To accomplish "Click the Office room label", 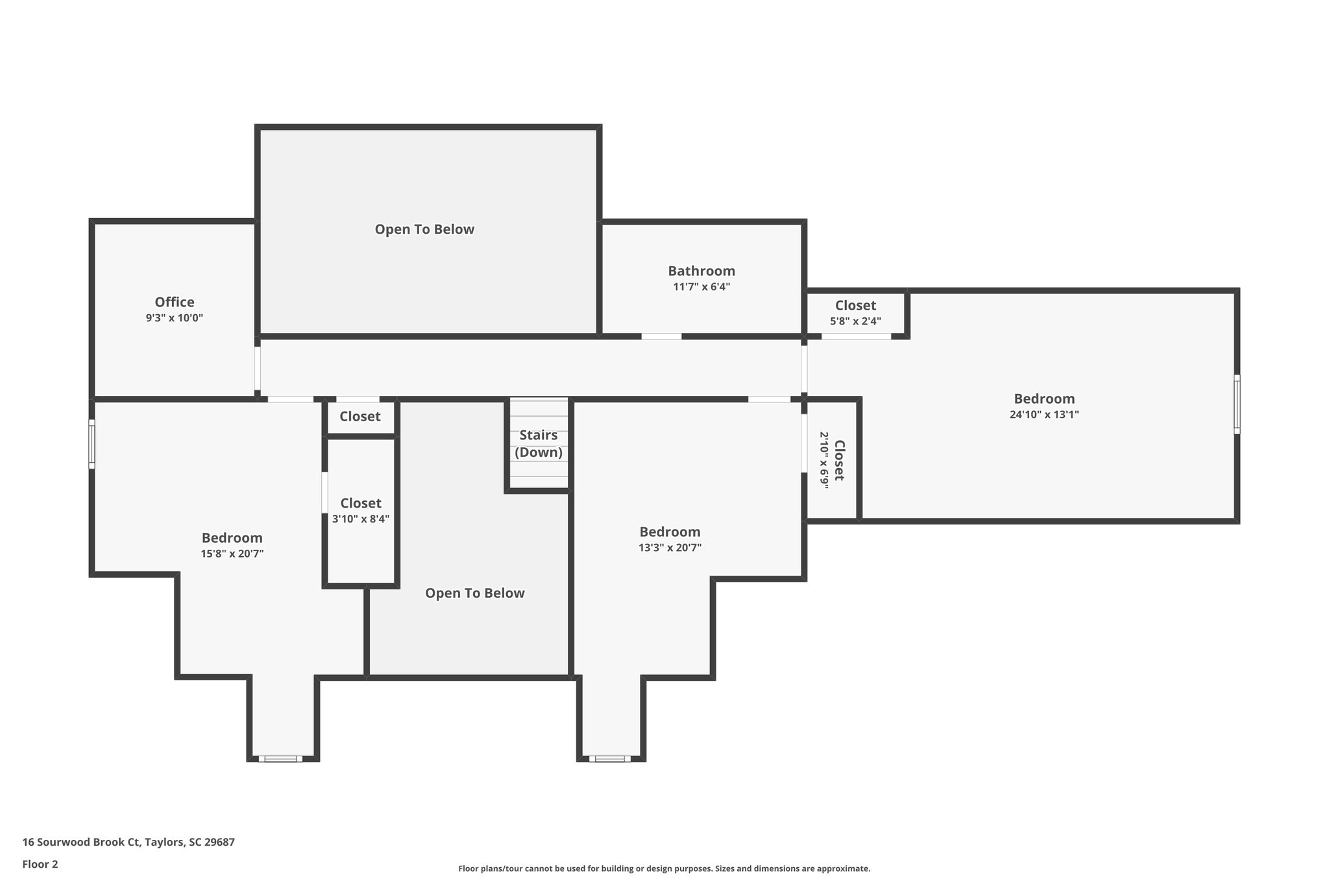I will click(174, 302).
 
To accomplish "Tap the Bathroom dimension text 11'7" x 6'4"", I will click(701, 287).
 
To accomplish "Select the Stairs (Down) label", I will click(539, 443).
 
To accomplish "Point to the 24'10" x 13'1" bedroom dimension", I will click(1044, 415).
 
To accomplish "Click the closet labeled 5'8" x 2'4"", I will click(855, 312).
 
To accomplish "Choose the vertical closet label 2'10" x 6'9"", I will click(831, 460).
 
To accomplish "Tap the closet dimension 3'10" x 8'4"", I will click(361, 519).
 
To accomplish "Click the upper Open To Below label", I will click(424, 229).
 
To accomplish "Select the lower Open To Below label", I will click(474, 593).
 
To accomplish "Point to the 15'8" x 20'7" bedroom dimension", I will click(232, 554).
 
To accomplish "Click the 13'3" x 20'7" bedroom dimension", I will click(670, 548).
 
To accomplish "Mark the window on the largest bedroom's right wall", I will click(1237, 404).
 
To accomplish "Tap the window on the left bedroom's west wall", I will click(91, 444).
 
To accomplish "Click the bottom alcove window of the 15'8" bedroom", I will click(280, 758).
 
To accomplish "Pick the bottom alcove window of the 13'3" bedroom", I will click(610, 758).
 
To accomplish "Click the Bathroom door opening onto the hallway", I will click(661, 336).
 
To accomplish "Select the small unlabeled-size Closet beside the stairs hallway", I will click(360, 417).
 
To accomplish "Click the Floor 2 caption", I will click(40, 864).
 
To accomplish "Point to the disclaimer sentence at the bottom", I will click(664, 868).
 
